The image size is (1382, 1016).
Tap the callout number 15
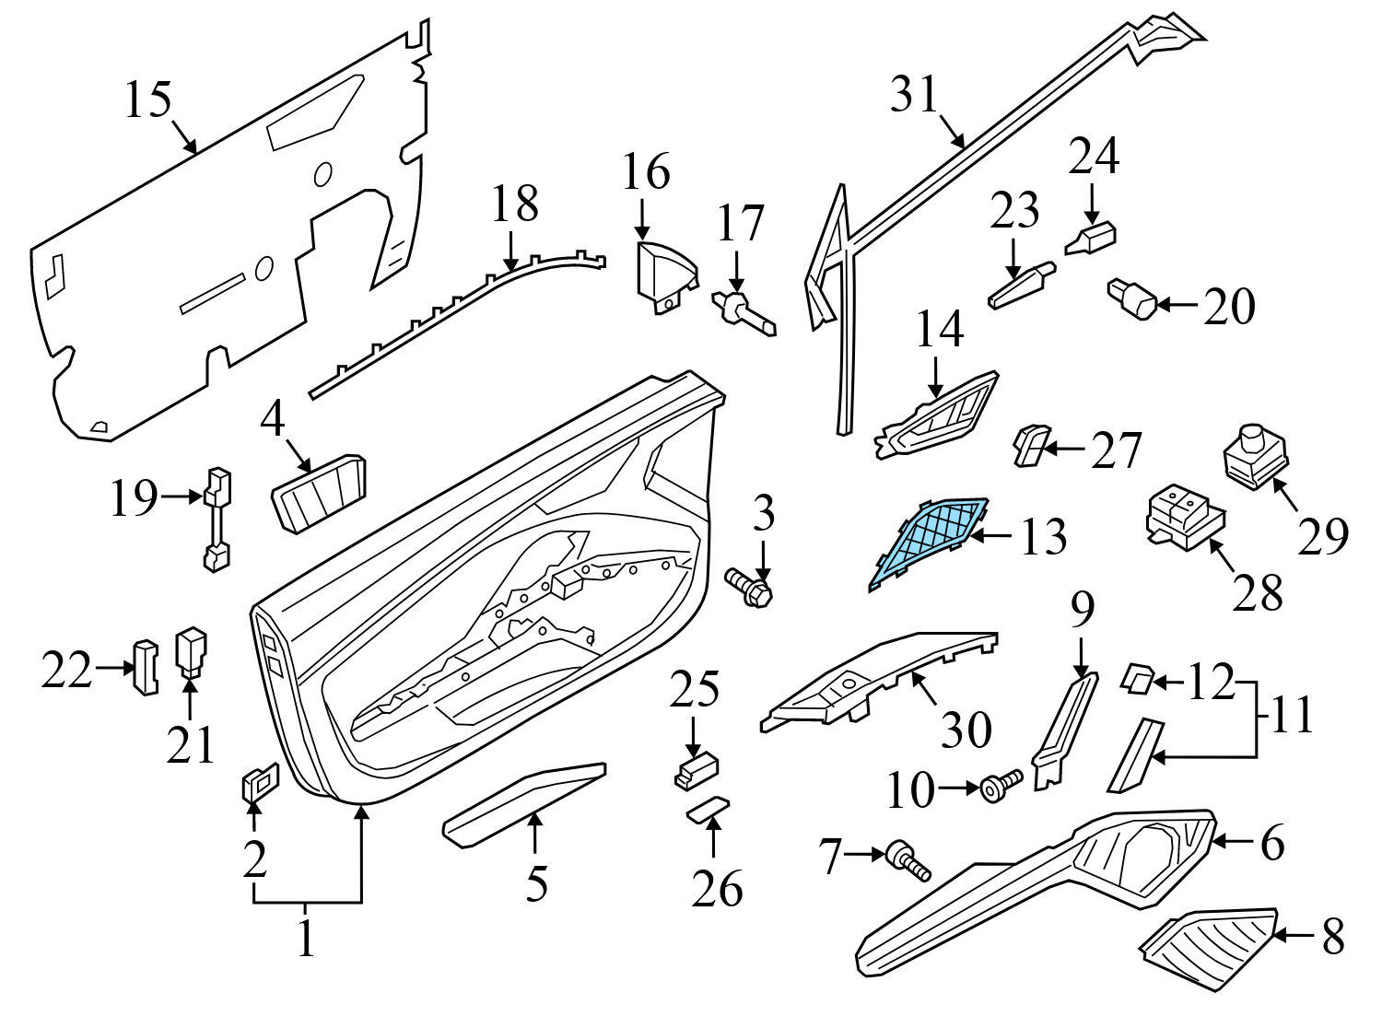[x=148, y=100]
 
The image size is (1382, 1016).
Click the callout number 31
[x=914, y=96]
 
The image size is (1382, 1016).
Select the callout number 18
[x=514, y=204]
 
